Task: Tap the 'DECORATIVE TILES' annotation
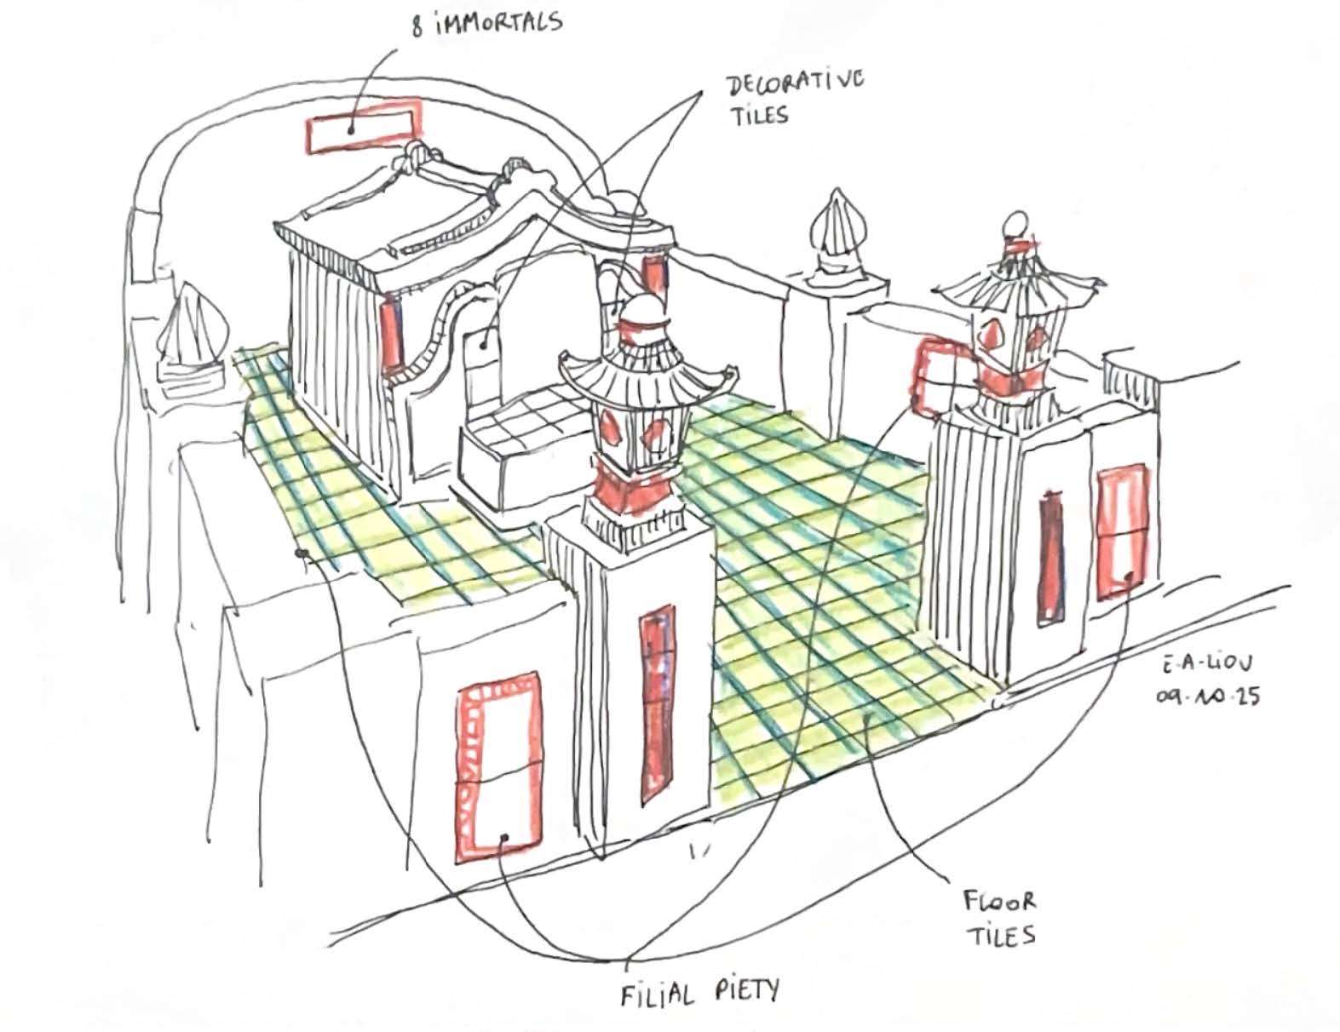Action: coord(796,99)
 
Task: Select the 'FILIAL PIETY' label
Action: coord(699,993)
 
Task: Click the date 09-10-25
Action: coord(1207,697)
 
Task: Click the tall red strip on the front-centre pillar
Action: coord(658,702)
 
